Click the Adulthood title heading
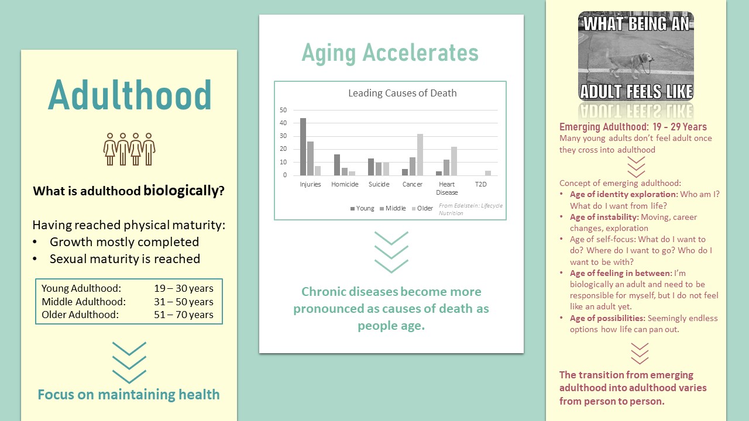coord(130,95)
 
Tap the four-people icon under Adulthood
coord(129,149)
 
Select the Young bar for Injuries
coord(303,147)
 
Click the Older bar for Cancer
coord(420,155)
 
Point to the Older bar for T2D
coord(488,173)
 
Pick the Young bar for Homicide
coord(337,165)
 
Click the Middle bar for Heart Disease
coord(446,167)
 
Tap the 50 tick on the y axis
coord(283,110)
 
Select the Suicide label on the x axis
coord(379,184)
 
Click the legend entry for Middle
coord(393,208)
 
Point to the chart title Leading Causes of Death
coord(402,93)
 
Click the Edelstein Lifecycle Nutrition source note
coord(470,209)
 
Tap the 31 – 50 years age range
coord(184,302)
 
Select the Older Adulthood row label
coord(80,315)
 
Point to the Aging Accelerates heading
coord(390,53)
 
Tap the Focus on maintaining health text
coord(129,395)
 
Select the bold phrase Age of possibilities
coord(607,318)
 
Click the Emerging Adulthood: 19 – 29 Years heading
coord(633,127)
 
